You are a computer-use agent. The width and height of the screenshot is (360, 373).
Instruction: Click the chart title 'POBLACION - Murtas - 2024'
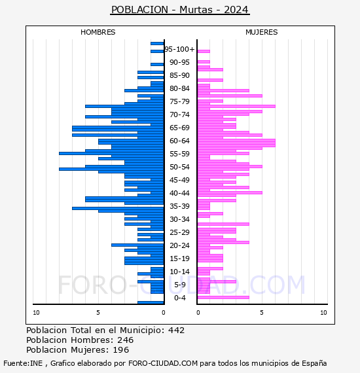point(180,10)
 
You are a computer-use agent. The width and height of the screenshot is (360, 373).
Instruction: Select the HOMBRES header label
point(98,32)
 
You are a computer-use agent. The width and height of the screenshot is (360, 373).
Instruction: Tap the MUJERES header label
point(262,32)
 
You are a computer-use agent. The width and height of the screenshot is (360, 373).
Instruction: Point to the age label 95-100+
point(179,49)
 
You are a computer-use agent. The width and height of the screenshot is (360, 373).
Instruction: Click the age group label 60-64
point(179,141)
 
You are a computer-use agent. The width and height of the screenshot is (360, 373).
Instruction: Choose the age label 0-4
point(179,298)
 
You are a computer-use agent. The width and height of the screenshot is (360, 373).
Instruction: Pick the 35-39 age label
point(179,206)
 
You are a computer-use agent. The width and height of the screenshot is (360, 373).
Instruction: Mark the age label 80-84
point(179,88)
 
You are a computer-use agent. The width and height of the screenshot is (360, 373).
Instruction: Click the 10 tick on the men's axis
point(36,313)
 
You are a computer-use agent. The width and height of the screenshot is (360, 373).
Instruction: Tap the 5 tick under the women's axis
point(262,313)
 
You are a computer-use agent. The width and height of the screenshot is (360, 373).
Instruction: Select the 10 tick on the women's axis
point(323,313)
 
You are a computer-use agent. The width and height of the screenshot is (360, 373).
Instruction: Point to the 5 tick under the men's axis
point(98,313)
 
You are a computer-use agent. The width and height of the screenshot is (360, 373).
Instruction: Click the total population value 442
point(176,330)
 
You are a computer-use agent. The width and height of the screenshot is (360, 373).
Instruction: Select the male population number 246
point(126,340)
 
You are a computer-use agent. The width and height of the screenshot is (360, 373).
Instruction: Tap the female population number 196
point(120,349)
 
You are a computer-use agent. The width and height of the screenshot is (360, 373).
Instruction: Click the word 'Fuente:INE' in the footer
point(23,363)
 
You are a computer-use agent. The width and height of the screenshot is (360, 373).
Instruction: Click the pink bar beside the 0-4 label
point(223,297)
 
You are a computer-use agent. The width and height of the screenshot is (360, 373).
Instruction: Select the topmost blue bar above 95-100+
point(157,44)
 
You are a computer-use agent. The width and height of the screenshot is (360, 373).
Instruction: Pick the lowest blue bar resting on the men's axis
point(151,302)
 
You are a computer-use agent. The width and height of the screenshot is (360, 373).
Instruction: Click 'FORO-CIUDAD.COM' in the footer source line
point(163,363)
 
